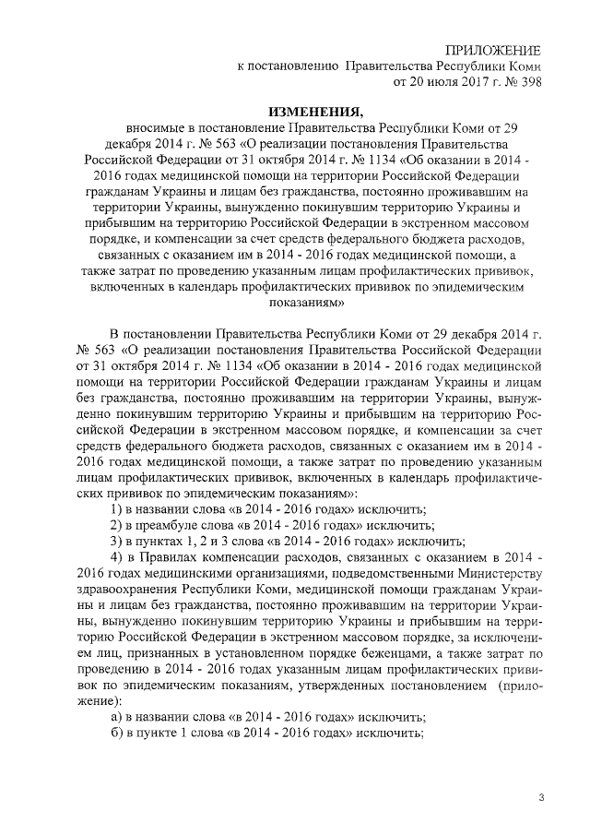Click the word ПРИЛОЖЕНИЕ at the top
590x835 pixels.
(494, 49)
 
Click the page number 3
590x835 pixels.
(542, 795)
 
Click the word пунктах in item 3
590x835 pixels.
(164, 541)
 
